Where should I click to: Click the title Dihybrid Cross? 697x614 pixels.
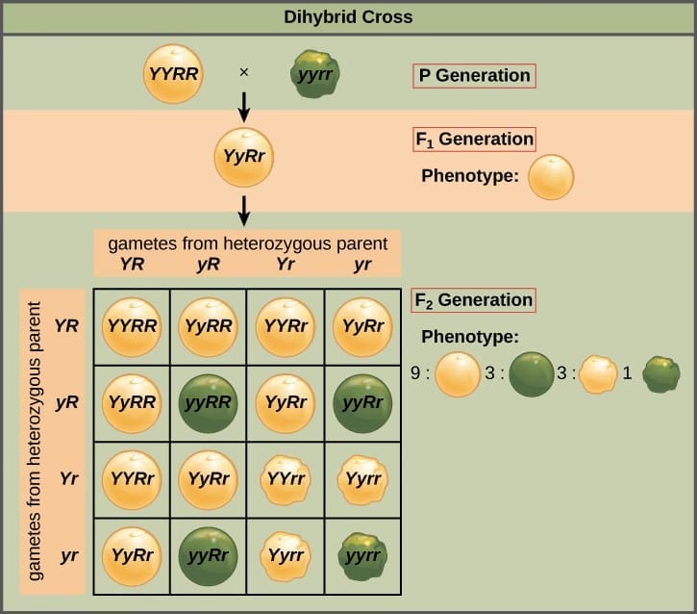coord(348,16)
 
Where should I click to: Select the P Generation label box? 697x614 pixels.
coord(474,75)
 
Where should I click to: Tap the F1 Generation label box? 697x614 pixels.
coord(474,139)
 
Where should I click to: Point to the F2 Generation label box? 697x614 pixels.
coord(473,299)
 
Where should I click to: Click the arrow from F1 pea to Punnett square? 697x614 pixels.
coord(243,209)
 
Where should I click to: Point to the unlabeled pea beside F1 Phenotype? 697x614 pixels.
coord(551,177)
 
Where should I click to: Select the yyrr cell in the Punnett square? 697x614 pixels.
coord(361,555)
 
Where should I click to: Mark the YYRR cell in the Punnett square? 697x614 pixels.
coord(131,325)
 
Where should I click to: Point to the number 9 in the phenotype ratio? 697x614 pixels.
coord(416,373)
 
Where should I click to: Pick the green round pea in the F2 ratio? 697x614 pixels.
coord(531,374)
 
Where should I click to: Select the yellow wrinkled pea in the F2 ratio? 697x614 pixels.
coord(597,374)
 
